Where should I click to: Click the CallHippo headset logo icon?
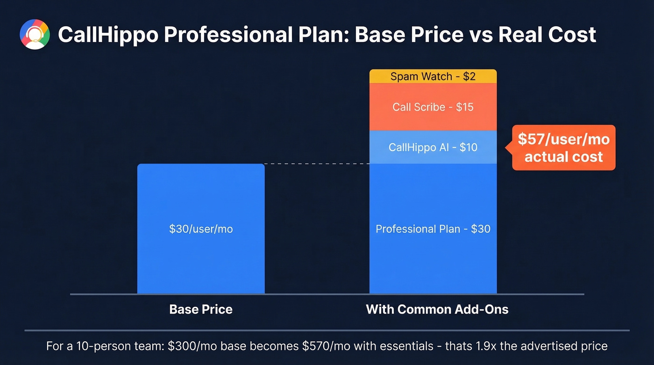pyautogui.click(x=35, y=35)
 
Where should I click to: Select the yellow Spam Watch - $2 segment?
pyautogui.click(x=433, y=76)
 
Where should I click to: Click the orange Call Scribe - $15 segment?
pyautogui.click(x=433, y=107)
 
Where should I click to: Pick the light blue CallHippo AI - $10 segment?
pyautogui.click(x=433, y=147)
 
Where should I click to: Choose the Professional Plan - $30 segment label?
pyautogui.click(x=433, y=229)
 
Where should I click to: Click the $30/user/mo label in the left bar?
pyautogui.click(x=201, y=229)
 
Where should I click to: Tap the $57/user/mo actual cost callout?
pyautogui.click(x=563, y=148)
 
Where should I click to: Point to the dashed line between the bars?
pyautogui.click(x=317, y=164)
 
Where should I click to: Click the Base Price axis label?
pyautogui.click(x=201, y=309)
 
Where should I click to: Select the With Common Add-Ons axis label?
pyautogui.click(x=437, y=309)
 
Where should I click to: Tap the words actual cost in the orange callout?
pyautogui.click(x=563, y=157)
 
